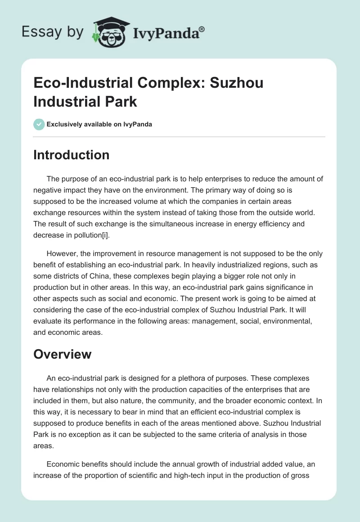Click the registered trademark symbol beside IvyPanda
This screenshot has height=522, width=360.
point(202,29)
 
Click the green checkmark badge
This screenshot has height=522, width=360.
point(39,124)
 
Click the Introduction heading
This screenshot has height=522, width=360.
point(71,155)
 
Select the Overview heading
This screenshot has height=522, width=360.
point(62,354)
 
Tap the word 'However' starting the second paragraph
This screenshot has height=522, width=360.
point(61,253)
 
